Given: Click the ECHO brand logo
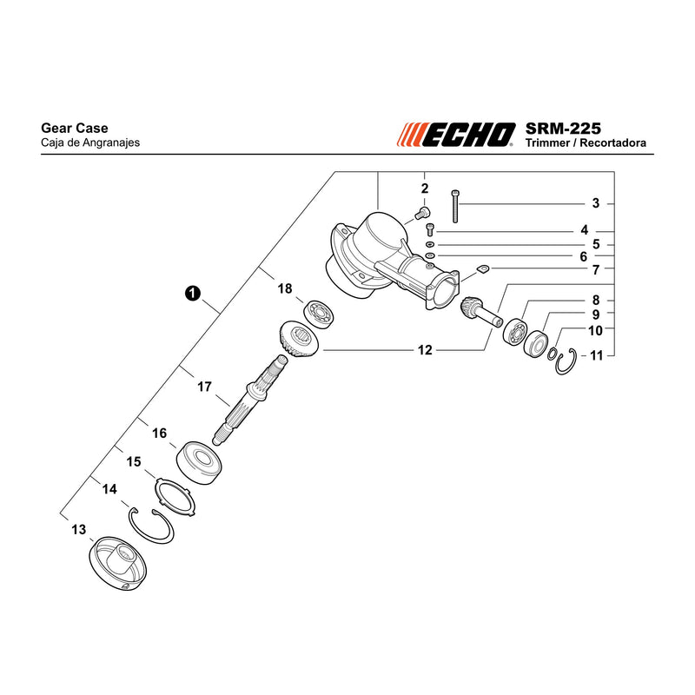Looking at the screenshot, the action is [x=456, y=135].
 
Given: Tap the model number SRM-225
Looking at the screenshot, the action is [x=563, y=129].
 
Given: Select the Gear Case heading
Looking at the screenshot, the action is [x=75, y=128].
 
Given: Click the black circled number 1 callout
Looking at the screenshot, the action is [x=193, y=294].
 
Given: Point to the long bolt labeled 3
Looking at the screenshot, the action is [x=454, y=206].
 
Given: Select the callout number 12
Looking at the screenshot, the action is [x=425, y=350].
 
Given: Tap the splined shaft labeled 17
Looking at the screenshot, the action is [x=249, y=399].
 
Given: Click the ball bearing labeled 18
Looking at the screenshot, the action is [x=319, y=314].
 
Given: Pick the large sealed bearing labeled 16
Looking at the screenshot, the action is [x=199, y=462].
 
